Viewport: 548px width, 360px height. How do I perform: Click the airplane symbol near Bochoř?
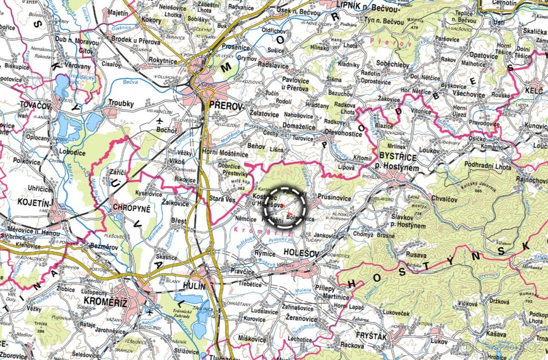159,121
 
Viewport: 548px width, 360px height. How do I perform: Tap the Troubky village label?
121,104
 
